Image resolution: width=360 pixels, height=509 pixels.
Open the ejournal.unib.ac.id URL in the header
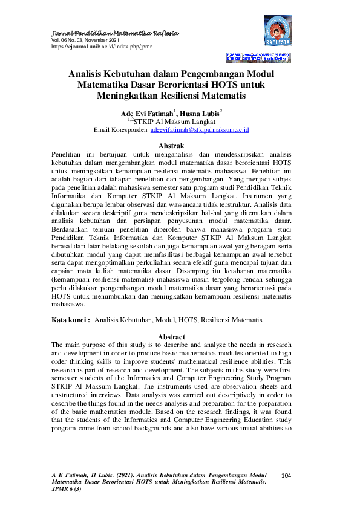[102, 46]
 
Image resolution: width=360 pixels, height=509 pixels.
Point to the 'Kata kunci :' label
[71, 319]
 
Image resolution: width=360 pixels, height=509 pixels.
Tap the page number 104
[287, 476]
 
